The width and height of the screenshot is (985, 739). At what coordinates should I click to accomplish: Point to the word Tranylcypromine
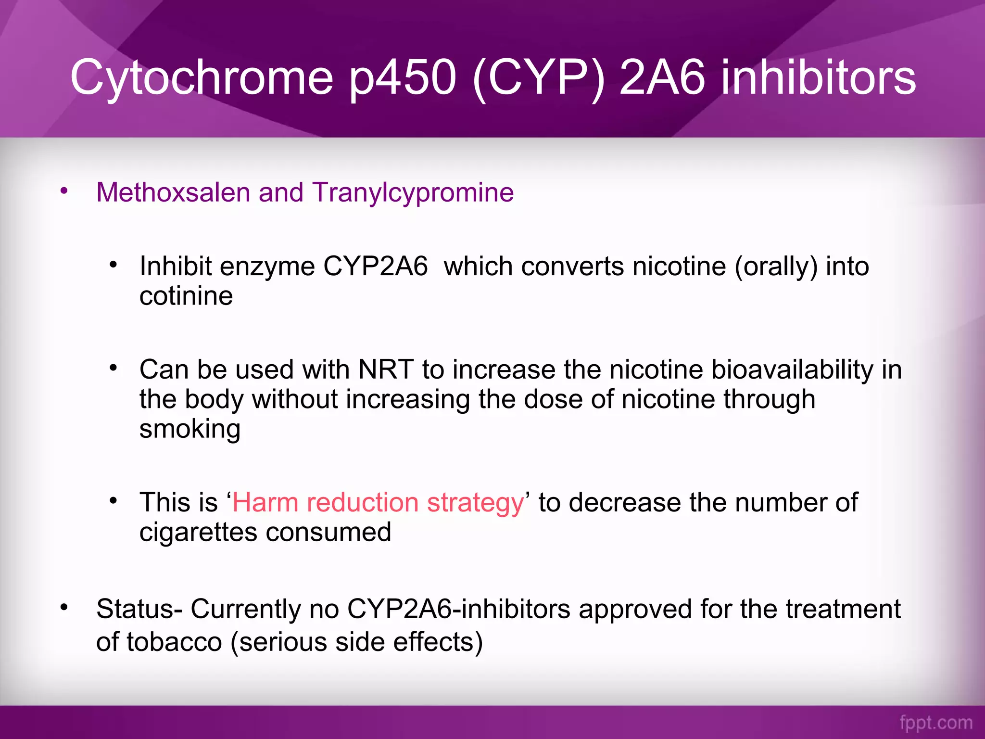413,192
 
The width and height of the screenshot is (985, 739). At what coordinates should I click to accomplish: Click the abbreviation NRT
386,369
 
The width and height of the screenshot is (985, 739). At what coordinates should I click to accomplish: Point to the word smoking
189,429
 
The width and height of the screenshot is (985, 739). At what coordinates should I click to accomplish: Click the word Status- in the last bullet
139,609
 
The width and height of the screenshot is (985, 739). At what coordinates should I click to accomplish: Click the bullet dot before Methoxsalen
64,191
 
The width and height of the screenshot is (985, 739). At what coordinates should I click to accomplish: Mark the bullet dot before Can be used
113,368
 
